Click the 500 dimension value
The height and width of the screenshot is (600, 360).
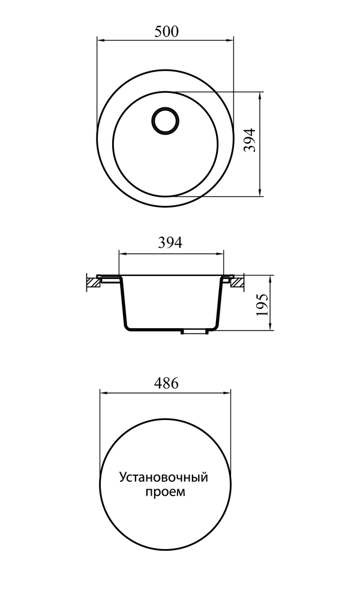pyautogui.click(x=166, y=32)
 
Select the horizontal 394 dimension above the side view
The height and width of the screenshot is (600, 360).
pyautogui.click(x=170, y=242)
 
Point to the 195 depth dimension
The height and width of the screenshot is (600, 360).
pyautogui.click(x=262, y=305)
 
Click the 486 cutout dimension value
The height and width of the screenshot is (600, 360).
pyautogui.click(x=166, y=383)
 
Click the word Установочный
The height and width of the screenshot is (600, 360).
pyautogui.click(x=164, y=478)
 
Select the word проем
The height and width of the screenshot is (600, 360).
pyautogui.click(x=165, y=492)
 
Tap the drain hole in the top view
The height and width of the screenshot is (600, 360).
pyautogui.click(x=165, y=120)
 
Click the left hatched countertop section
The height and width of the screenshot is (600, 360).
pyautogui.click(x=93, y=282)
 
